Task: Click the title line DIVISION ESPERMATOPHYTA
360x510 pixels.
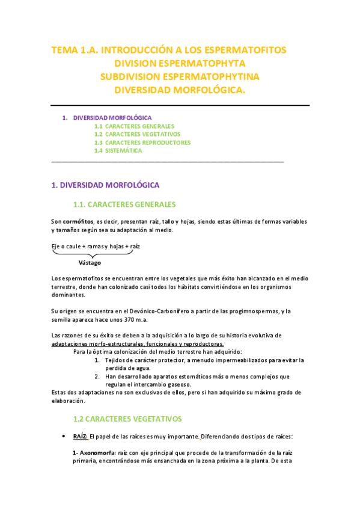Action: pos(180,63)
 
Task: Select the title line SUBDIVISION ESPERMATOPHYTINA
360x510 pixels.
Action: pos(180,77)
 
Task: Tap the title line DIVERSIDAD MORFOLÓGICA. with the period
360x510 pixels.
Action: pos(180,90)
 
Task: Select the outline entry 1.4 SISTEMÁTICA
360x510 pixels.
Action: pos(118,151)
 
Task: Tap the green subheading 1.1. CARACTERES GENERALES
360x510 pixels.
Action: pos(124,204)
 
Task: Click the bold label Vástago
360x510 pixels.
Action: pos(90,263)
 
